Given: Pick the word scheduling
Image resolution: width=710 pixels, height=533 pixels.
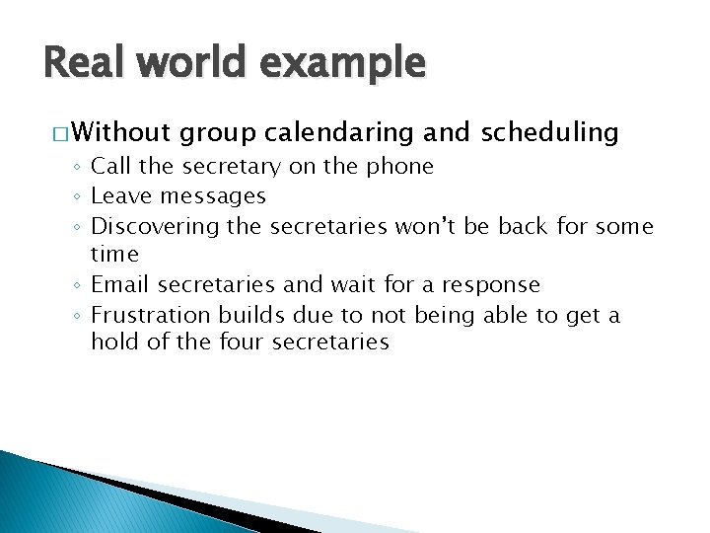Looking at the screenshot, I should point(549,132).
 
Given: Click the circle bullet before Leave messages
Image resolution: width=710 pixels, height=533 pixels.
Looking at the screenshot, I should point(78,197).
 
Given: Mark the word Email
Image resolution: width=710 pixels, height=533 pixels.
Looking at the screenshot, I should point(120,285).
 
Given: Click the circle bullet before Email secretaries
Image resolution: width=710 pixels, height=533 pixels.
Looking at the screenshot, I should point(78,286).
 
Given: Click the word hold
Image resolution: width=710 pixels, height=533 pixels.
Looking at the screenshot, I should point(112,343).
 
